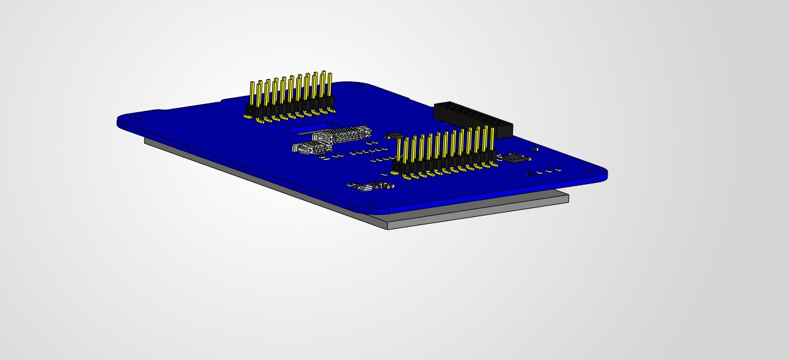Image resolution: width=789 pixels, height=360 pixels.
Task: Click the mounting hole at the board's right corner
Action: click(x=588, y=171)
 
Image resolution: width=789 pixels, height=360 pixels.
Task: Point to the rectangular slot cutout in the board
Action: click(x=302, y=130)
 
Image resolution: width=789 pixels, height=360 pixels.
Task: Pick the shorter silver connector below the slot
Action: click(x=311, y=148)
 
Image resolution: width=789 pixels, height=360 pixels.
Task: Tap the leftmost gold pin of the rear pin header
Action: click(x=252, y=95)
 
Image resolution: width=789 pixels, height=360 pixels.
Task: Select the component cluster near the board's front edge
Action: click(x=372, y=185)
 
